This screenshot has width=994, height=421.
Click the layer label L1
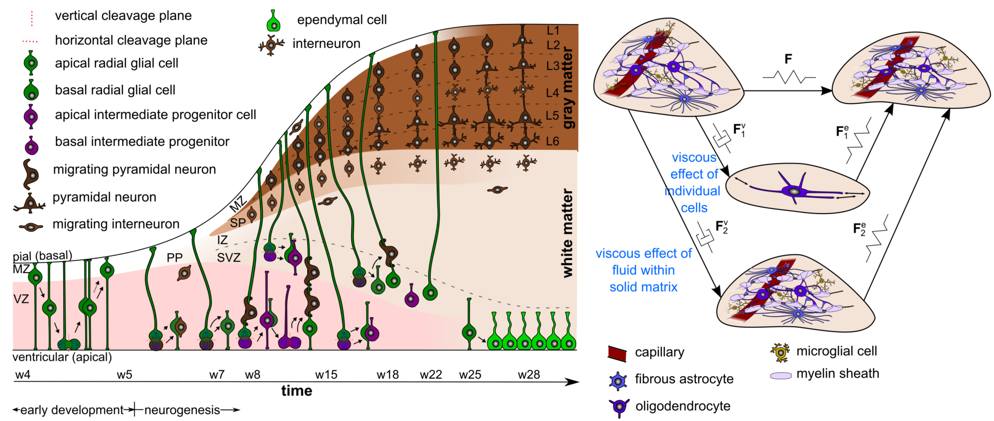pos(553,31)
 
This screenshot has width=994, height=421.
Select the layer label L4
pos(552,93)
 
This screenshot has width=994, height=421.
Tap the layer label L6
pos(552,141)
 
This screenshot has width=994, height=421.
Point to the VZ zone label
pos(21,299)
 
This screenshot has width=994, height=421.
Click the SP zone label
pos(238,223)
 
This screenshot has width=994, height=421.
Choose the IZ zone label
pos(222,240)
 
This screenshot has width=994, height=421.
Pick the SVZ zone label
pos(229,258)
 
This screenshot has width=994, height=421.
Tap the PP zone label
pos(174,258)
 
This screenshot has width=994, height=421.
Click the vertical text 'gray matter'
pos(568,88)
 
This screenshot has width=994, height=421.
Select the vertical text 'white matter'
pos(568,233)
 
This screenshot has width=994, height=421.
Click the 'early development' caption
pos(72,410)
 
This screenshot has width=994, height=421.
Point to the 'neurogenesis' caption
pos(182,410)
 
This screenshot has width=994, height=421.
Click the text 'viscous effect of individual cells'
pos(694,183)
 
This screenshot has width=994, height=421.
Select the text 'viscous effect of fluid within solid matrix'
pos(644,270)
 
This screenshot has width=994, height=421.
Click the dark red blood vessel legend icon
pos(617,354)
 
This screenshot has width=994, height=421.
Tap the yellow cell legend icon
pos(780,352)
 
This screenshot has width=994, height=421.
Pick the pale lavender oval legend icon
pos(780,376)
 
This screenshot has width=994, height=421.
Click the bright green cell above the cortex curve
pos(273,23)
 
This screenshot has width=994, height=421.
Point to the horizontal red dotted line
pos(30,42)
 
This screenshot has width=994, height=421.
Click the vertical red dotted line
pos(32,19)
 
